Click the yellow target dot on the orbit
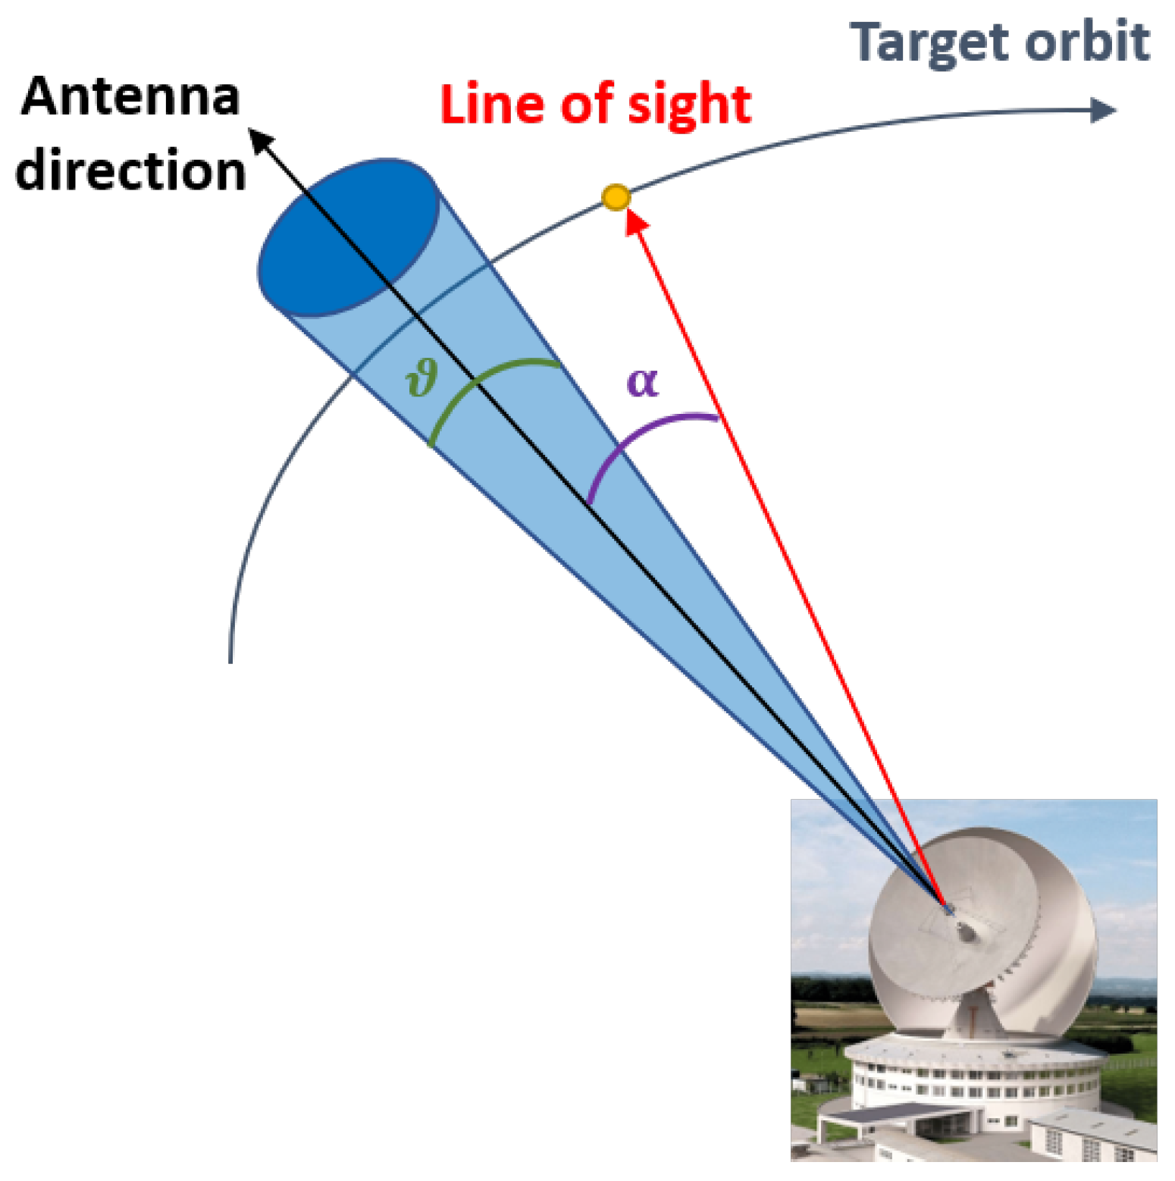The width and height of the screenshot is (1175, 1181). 616,198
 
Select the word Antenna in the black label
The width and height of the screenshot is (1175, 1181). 130,97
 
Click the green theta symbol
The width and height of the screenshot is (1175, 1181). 421,377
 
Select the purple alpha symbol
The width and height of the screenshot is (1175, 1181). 642,381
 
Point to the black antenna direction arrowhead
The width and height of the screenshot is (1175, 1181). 262,140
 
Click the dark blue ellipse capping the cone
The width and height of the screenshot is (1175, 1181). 349,237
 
